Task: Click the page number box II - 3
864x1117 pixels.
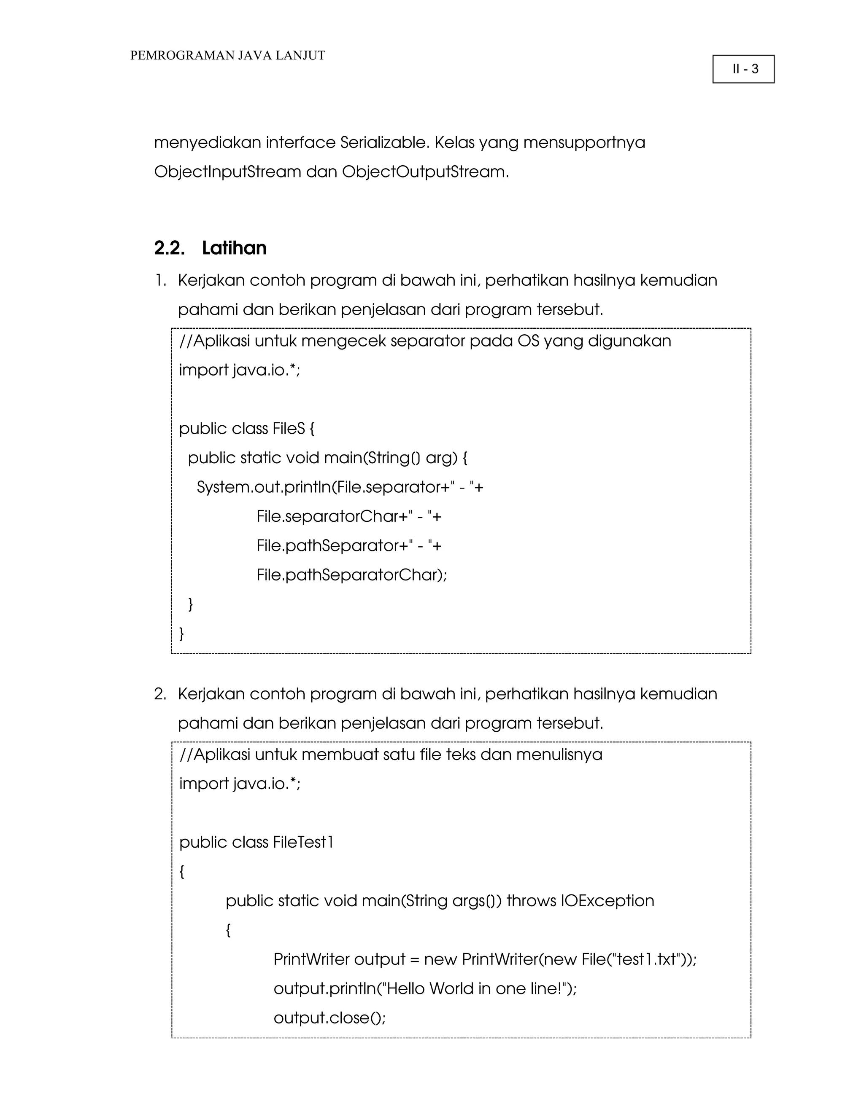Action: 743,69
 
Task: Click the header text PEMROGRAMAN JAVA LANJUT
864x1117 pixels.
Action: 227,55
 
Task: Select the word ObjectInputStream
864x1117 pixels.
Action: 227,172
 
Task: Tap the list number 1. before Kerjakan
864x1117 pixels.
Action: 161,280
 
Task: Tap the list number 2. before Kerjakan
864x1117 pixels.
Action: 160,694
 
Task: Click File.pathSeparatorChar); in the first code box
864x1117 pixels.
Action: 352,575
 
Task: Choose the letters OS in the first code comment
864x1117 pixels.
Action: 528,341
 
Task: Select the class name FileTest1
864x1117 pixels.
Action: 303,842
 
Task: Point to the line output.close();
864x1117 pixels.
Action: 329,1018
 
